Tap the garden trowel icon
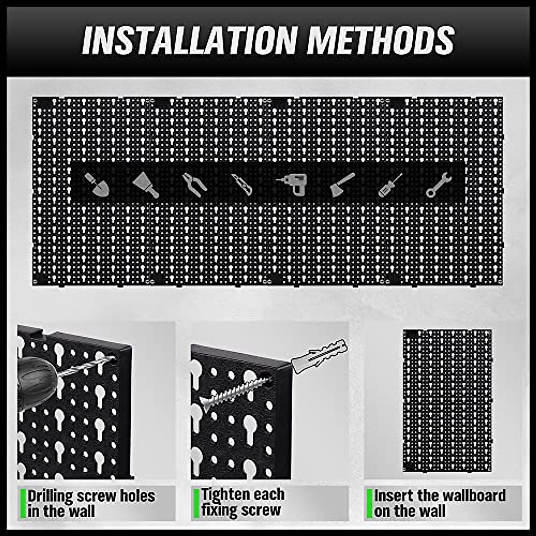point(97,185)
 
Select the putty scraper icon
point(146,184)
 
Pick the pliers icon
point(194,184)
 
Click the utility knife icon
point(242,184)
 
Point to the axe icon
point(342,184)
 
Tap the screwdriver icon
point(390,185)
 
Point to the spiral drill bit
point(85,366)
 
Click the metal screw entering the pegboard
point(232,393)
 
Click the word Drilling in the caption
point(50,496)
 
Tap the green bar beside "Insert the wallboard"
point(369,503)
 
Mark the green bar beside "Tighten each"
point(196,503)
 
